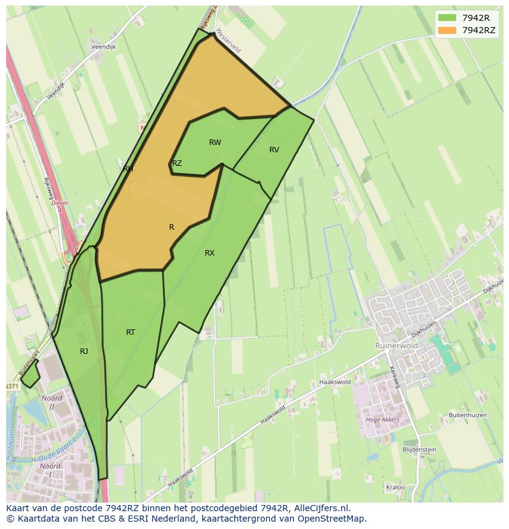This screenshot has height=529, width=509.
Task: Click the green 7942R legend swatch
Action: (447, 18)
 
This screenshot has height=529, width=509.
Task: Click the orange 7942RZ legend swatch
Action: (447, 30)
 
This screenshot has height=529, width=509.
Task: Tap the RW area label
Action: (215, 143)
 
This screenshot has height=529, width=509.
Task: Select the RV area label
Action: (274, 150)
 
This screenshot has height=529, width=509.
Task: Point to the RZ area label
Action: (177, 163)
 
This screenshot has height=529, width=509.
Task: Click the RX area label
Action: (210, 253)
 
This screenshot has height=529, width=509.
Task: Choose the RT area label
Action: (130, 332)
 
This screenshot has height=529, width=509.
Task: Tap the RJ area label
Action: (84, 351)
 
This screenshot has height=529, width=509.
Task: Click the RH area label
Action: (128, 169)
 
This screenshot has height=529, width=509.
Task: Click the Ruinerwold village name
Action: (397, 346)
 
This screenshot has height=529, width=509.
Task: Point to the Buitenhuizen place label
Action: (468, 415)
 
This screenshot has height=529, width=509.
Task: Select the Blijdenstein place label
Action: (419, 450)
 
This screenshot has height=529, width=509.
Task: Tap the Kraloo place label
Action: (395, 487)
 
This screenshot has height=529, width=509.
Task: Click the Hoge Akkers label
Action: (382, 420)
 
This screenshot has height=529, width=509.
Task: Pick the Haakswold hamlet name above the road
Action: (334, 382)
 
